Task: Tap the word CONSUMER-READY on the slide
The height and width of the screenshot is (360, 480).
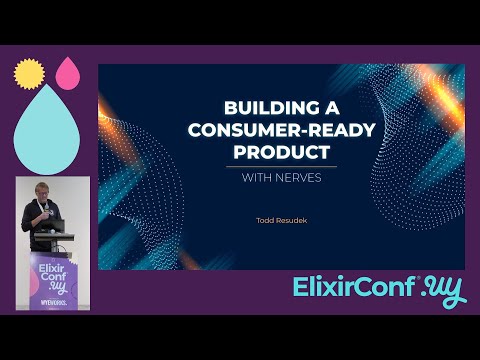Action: pos(281,131)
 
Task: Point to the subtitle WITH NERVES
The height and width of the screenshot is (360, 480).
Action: pos(281,180)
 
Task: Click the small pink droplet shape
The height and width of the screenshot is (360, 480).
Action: pos(68,71)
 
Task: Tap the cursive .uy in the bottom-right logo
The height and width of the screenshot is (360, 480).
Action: pos(442,289)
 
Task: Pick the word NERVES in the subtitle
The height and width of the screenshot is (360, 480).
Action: pos(303,180)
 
